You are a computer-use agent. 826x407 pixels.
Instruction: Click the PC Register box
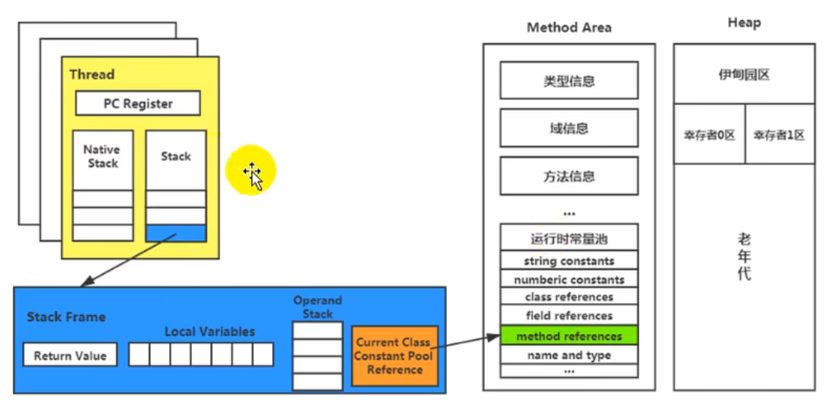[x=138, y=104]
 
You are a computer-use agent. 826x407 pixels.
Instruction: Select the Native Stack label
[x=102, y=156]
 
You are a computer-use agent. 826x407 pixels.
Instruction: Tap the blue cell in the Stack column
[x=176, y=233]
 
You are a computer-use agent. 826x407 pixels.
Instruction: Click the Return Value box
[x=70, y=355]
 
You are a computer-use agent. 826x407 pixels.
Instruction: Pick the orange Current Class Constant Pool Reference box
[x=394, y=355]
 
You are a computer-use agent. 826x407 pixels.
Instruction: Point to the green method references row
[x=568, y=336]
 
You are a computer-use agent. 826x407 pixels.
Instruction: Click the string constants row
[x=568, y=261]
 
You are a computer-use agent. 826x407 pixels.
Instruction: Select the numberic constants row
[x=568, y=279]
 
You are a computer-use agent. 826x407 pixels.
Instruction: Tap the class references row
[x=568, y=297]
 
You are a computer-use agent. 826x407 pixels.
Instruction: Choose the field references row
[x=568, y=316]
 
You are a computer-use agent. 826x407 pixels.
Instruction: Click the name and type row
[x=568, y=355]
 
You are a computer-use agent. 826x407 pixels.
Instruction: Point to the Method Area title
[x=569, y=28]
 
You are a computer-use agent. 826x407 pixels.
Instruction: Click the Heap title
[x=744, y=23]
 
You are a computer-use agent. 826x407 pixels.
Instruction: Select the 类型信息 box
[x=569, y=81]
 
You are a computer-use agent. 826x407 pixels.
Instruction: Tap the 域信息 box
[x=569, y=128]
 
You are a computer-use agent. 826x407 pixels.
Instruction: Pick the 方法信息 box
[x=569, y=176]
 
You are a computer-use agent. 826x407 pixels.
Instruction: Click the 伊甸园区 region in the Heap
[x=744, y=75]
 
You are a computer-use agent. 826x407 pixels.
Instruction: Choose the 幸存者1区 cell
[x=779, y=135]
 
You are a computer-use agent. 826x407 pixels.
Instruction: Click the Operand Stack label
[x=317, y=307]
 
